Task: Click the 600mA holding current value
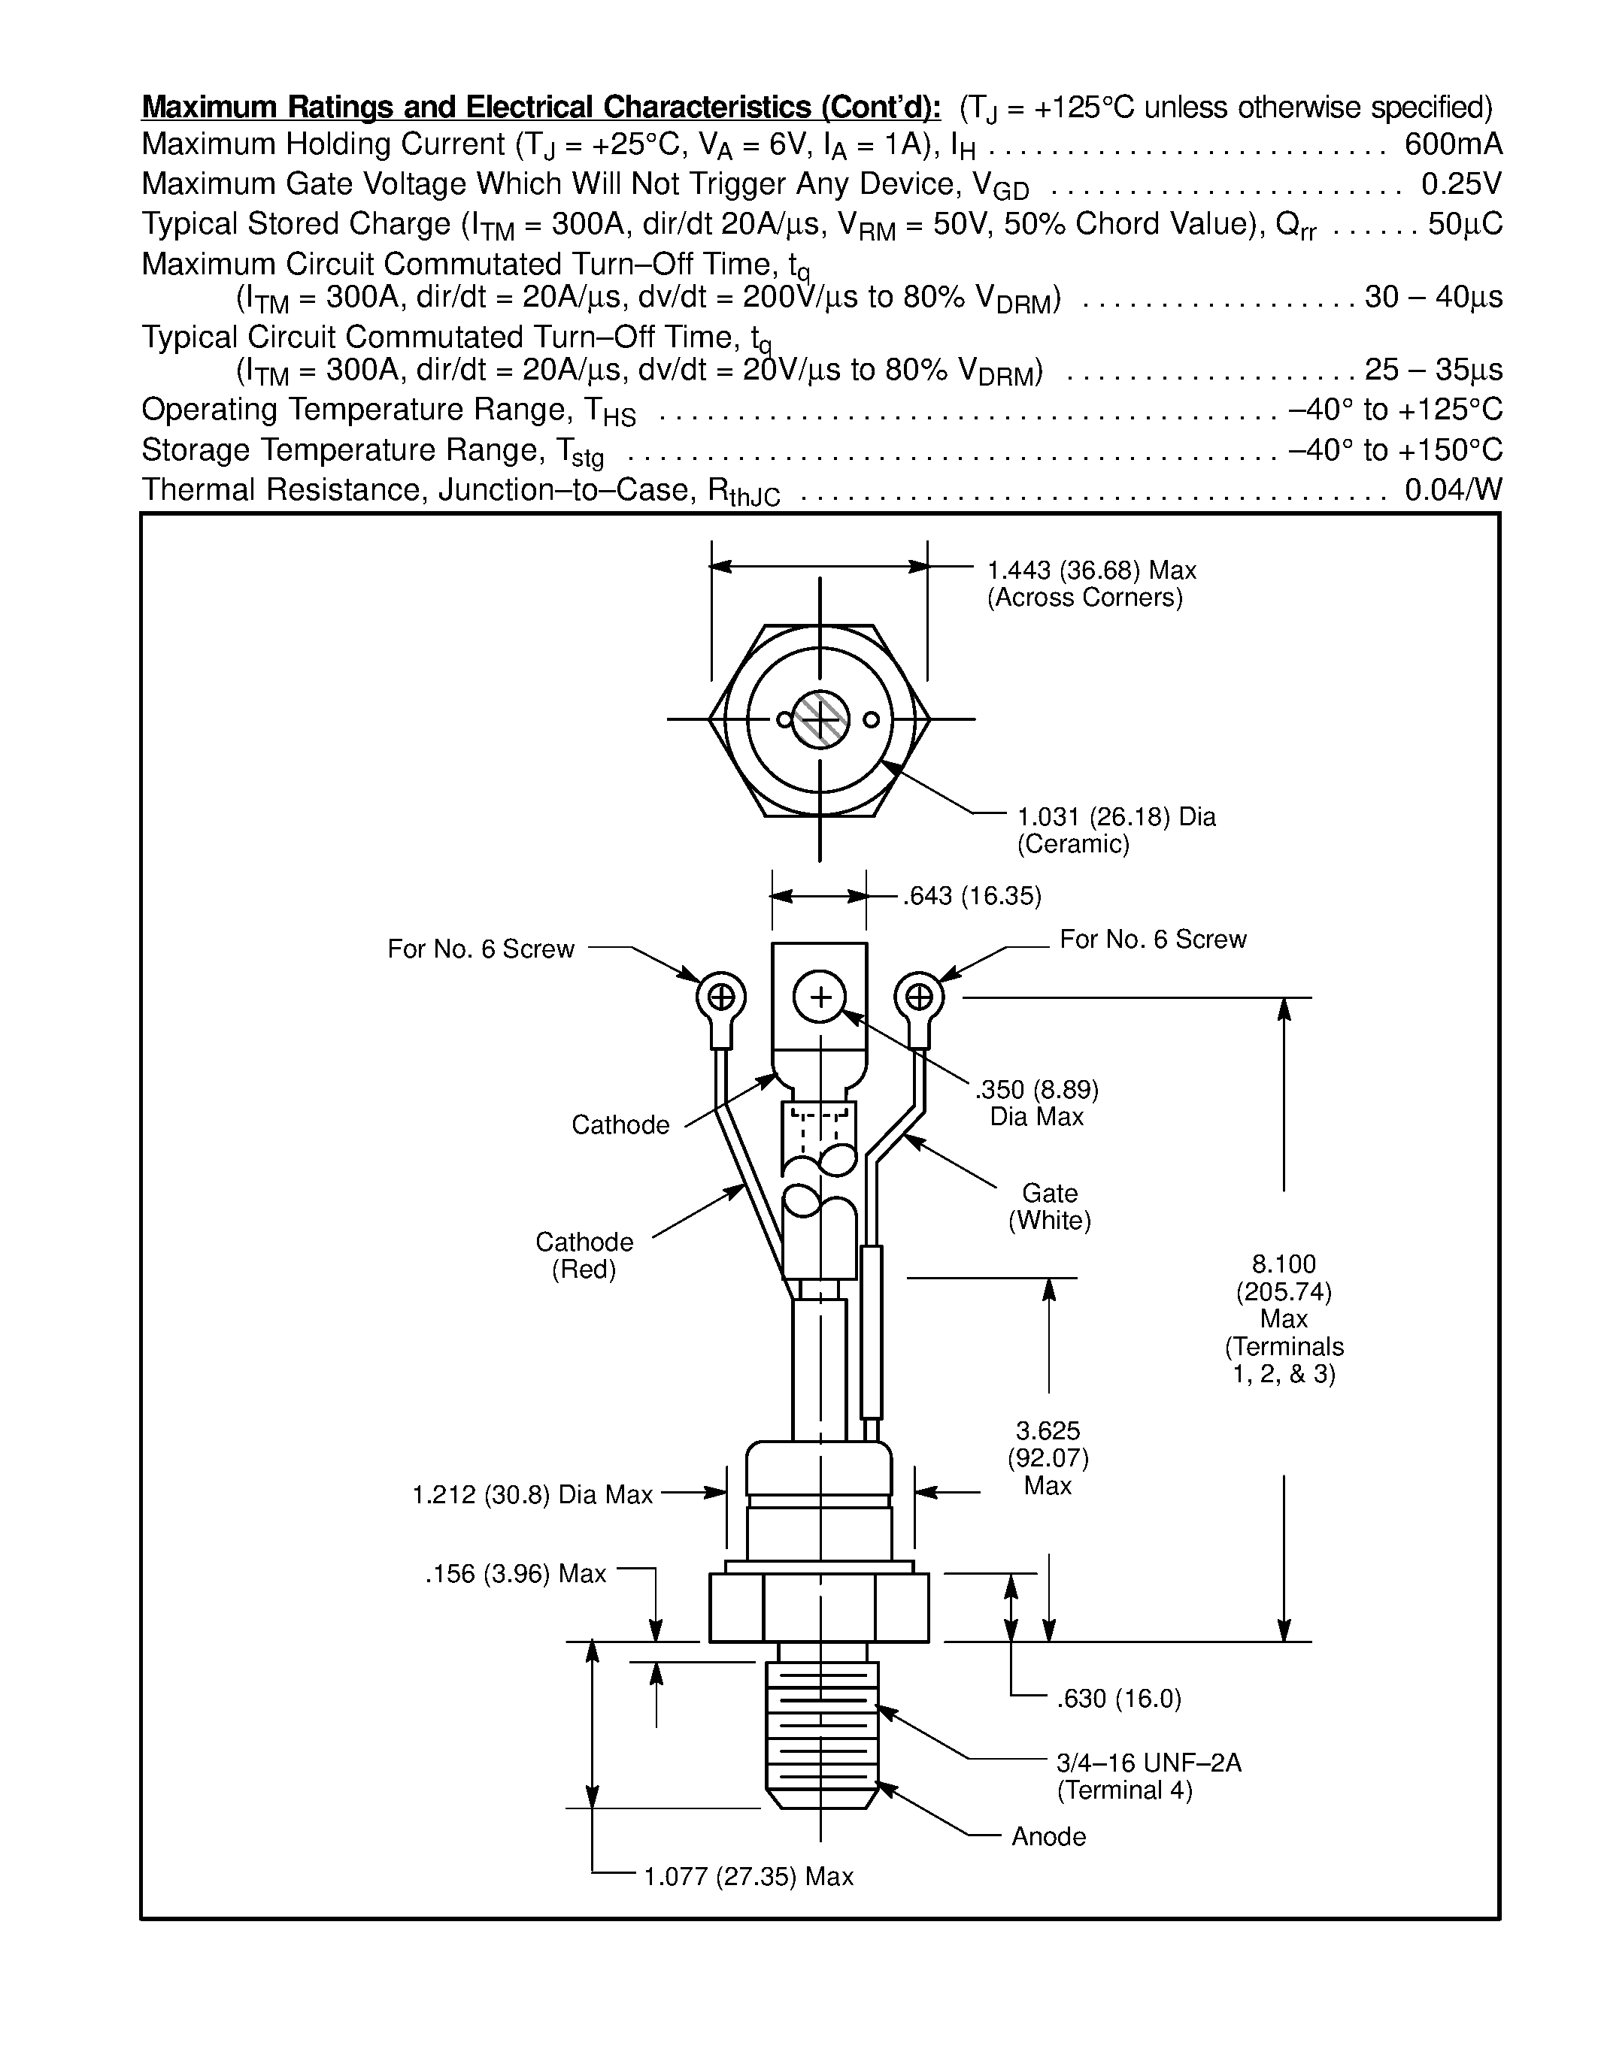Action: coord(1453,145)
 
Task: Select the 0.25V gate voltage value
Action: coord(1460,183)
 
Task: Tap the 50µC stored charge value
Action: coord(1464,224)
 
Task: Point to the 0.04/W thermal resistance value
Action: coord(1453,489)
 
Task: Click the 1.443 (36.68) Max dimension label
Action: coord(1091,570)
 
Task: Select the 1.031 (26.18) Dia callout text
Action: coord(1116,817)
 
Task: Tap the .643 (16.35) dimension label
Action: coord(972,896)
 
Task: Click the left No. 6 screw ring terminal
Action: coord(721,997)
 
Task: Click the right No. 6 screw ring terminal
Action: coord(918,997)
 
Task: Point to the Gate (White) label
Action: coord(1049,1206)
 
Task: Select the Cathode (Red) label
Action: coord(584,1255)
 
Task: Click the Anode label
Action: coord(1049,1836)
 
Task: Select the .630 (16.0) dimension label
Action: coord(1119,1699)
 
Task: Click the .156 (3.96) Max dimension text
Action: coord(515,1573)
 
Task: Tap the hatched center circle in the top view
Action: coord(820,719)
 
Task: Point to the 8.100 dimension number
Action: coord(1284,1264)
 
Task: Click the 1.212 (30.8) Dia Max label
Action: coord(532,1494)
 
